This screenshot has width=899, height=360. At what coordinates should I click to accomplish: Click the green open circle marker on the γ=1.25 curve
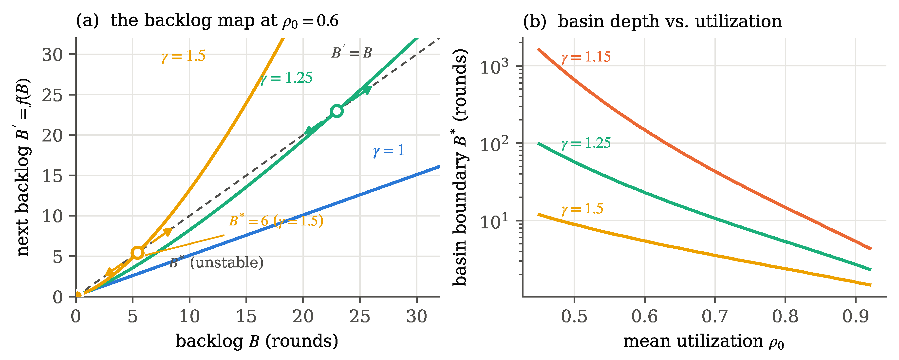337,111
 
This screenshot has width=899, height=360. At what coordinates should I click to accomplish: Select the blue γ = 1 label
388,151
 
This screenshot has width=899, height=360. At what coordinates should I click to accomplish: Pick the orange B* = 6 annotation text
276,221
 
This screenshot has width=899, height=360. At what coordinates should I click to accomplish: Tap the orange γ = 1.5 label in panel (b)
582,209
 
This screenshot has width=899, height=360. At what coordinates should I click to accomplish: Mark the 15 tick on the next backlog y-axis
52,176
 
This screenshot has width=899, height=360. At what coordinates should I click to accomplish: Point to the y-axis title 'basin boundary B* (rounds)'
460,167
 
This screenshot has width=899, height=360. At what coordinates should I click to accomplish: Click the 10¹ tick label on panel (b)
494,221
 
